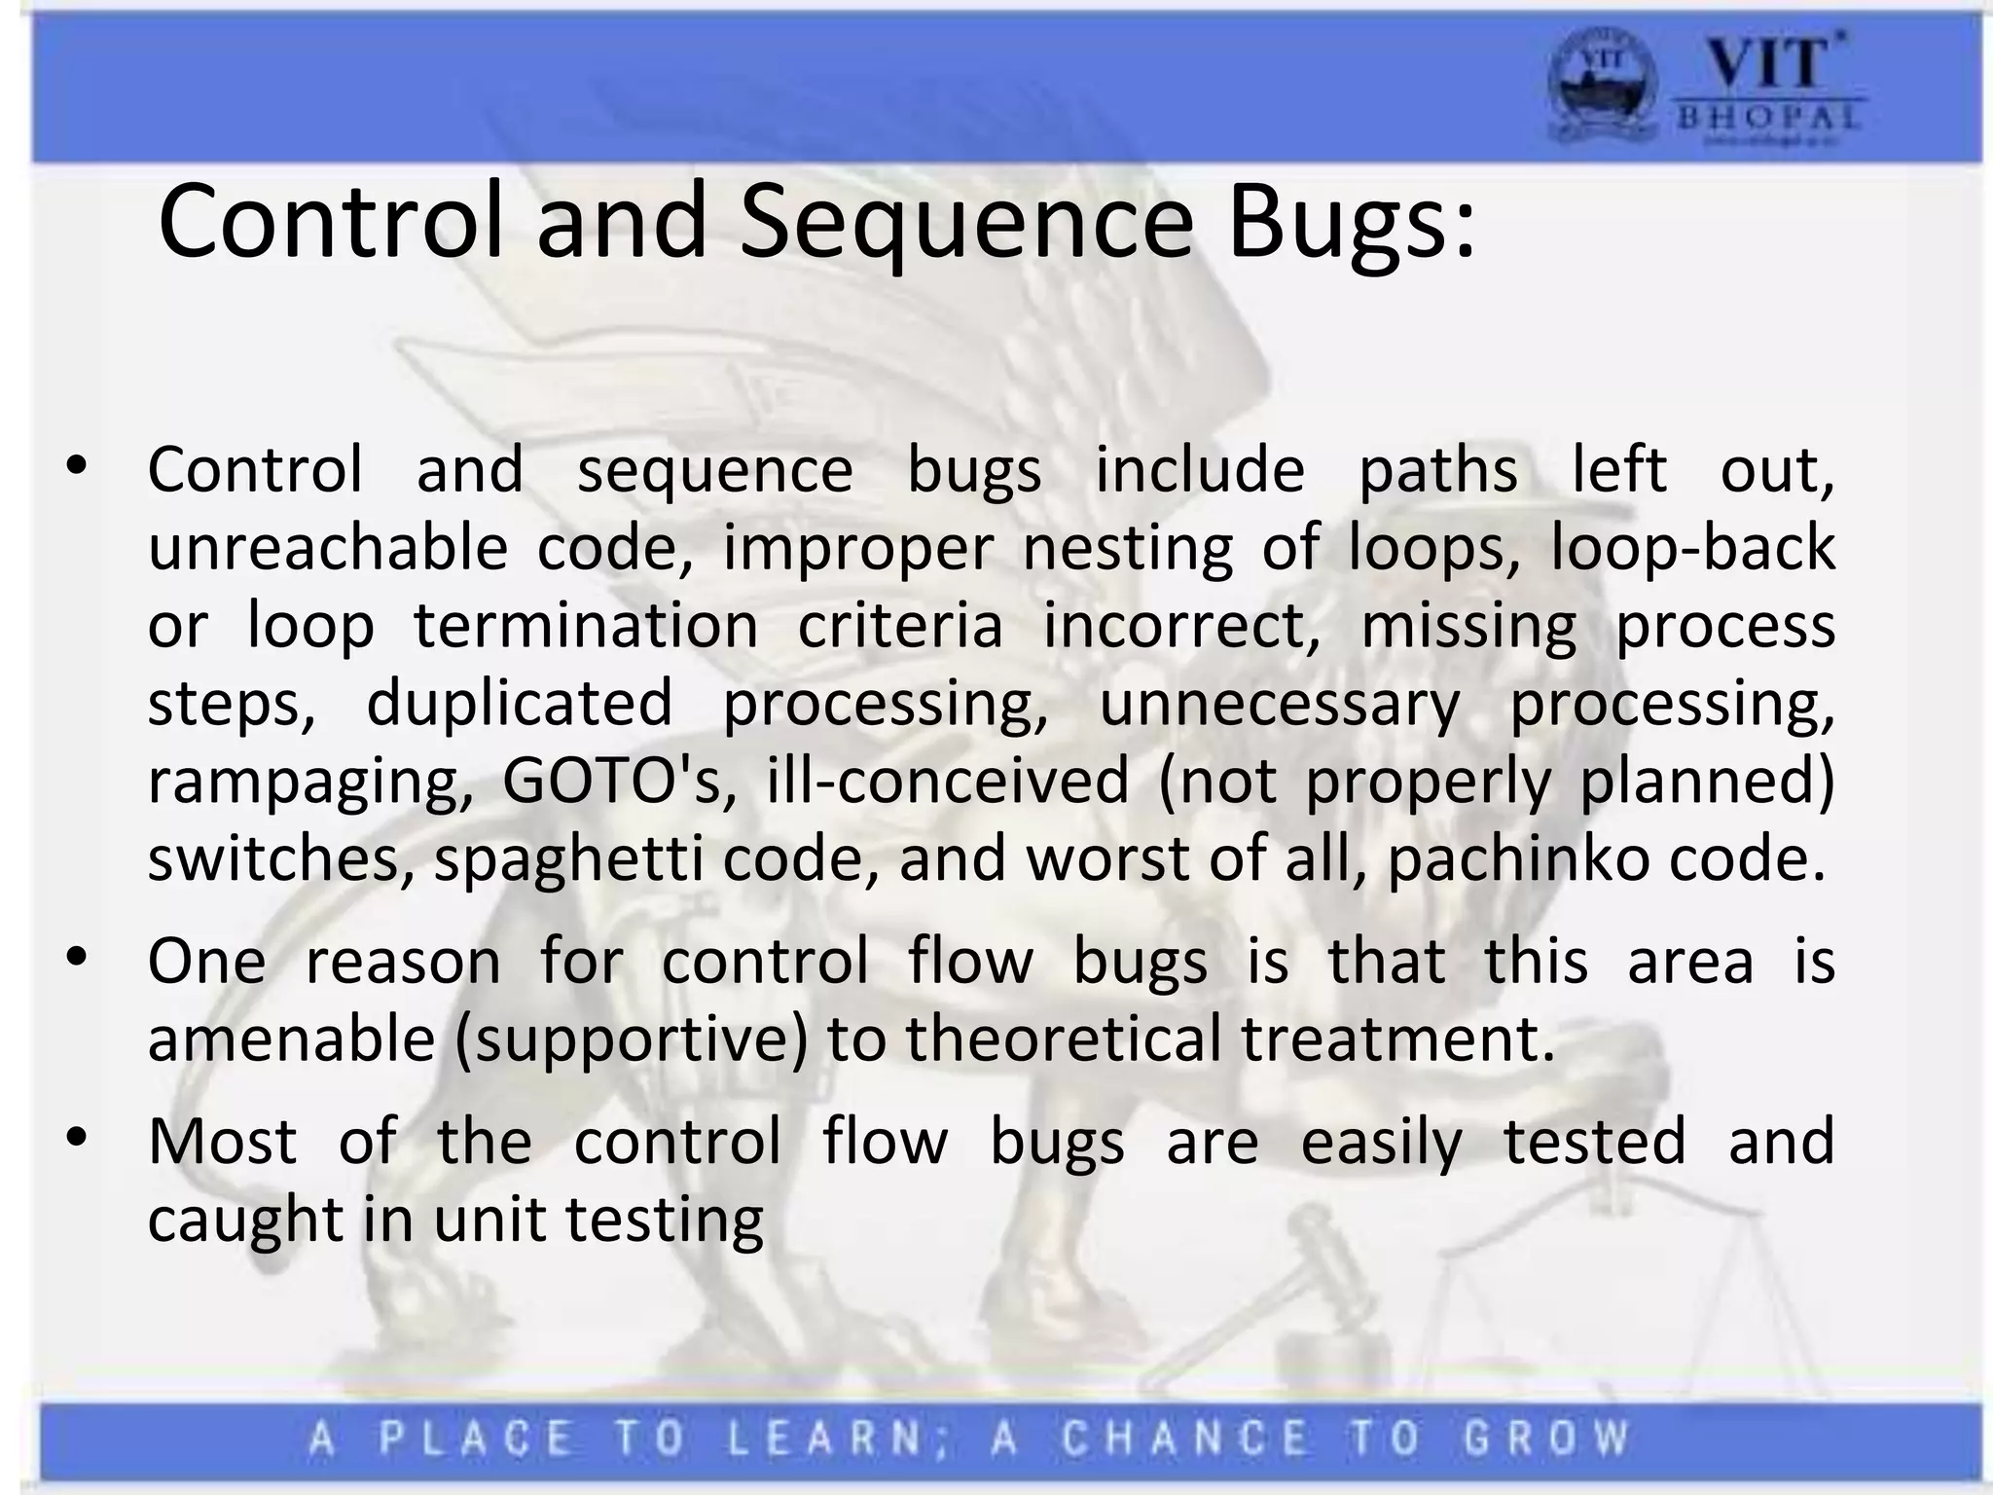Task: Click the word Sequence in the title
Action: click(x=965, y=224)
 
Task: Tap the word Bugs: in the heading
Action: click(x=1351, y=224)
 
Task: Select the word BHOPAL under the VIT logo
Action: click(x=1767, y=119)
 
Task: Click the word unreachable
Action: click(x=327, y=548)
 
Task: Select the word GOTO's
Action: click(x=619, y=782)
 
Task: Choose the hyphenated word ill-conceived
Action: click(x=948, y=782)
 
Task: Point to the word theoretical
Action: click(x=1063, y=1038)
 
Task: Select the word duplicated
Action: click(x=520, y=704)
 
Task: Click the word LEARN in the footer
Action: click(x=826, y=1439)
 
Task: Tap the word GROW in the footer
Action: click(x=1546, y=1439)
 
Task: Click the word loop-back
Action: click(x=1692, y=548)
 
